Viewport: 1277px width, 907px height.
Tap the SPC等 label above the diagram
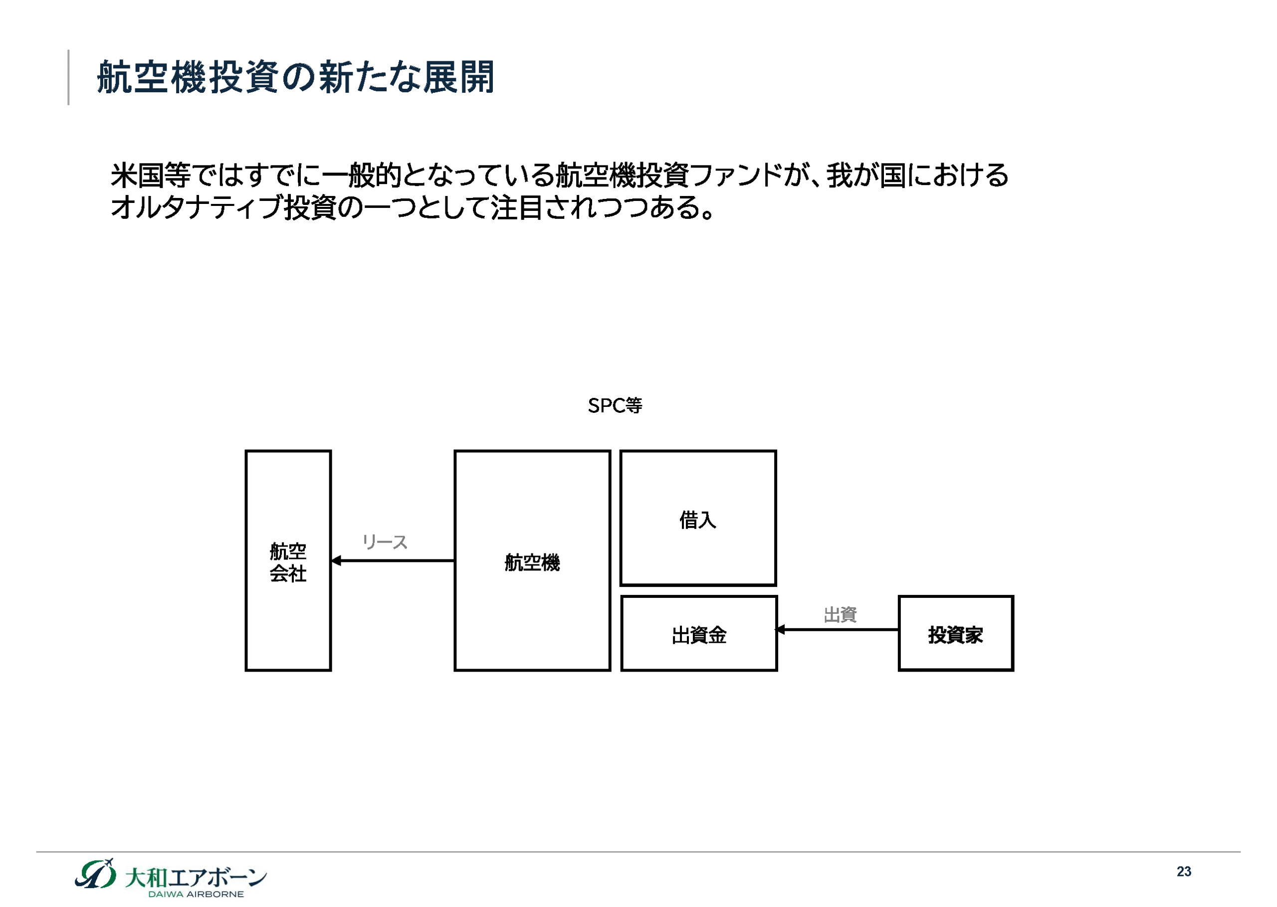pos(615,405)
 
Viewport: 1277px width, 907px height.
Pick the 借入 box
pos(698,518)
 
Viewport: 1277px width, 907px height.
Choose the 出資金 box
pos(699,634)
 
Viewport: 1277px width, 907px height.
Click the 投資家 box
pos(956,634)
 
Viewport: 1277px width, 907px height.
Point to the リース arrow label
pos(385,542)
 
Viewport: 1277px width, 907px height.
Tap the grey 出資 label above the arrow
pos(840,615)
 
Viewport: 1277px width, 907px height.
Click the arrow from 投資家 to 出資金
pos(838,630)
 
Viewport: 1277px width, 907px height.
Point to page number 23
pos(1184,872)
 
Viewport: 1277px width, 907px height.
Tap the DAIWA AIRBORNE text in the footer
pos(196,894)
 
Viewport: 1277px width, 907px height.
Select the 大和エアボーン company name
pos(196,878)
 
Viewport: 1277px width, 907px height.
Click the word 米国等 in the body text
pos(151,176)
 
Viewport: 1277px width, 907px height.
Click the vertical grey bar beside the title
pos(69,77)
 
